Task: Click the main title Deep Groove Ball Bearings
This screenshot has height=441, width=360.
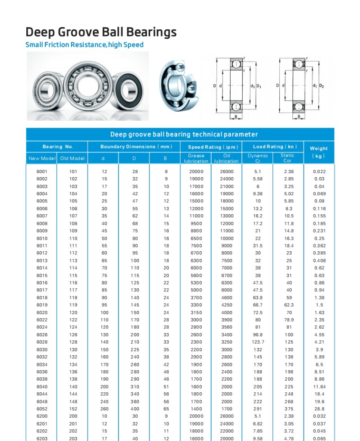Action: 101,32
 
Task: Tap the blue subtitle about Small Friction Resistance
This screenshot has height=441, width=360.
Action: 85,45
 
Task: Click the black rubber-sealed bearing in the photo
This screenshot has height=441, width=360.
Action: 131,91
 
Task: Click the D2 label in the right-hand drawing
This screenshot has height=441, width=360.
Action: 321,86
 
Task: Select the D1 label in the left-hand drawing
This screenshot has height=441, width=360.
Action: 259,86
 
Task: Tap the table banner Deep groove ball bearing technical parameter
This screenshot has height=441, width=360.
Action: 184,134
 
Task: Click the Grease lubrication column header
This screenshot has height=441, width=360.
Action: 196,158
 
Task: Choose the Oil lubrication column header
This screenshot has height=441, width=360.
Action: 226,158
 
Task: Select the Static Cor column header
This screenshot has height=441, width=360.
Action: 287,158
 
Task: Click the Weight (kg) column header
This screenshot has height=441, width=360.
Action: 319,152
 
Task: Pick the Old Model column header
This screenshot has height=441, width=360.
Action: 72,158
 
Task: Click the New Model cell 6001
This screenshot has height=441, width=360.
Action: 42,172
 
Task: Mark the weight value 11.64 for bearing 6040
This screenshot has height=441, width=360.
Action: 319,387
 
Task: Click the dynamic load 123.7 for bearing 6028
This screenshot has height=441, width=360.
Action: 258,342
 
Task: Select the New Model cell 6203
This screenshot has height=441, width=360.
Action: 42,438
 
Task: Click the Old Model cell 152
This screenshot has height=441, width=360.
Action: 73,409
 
